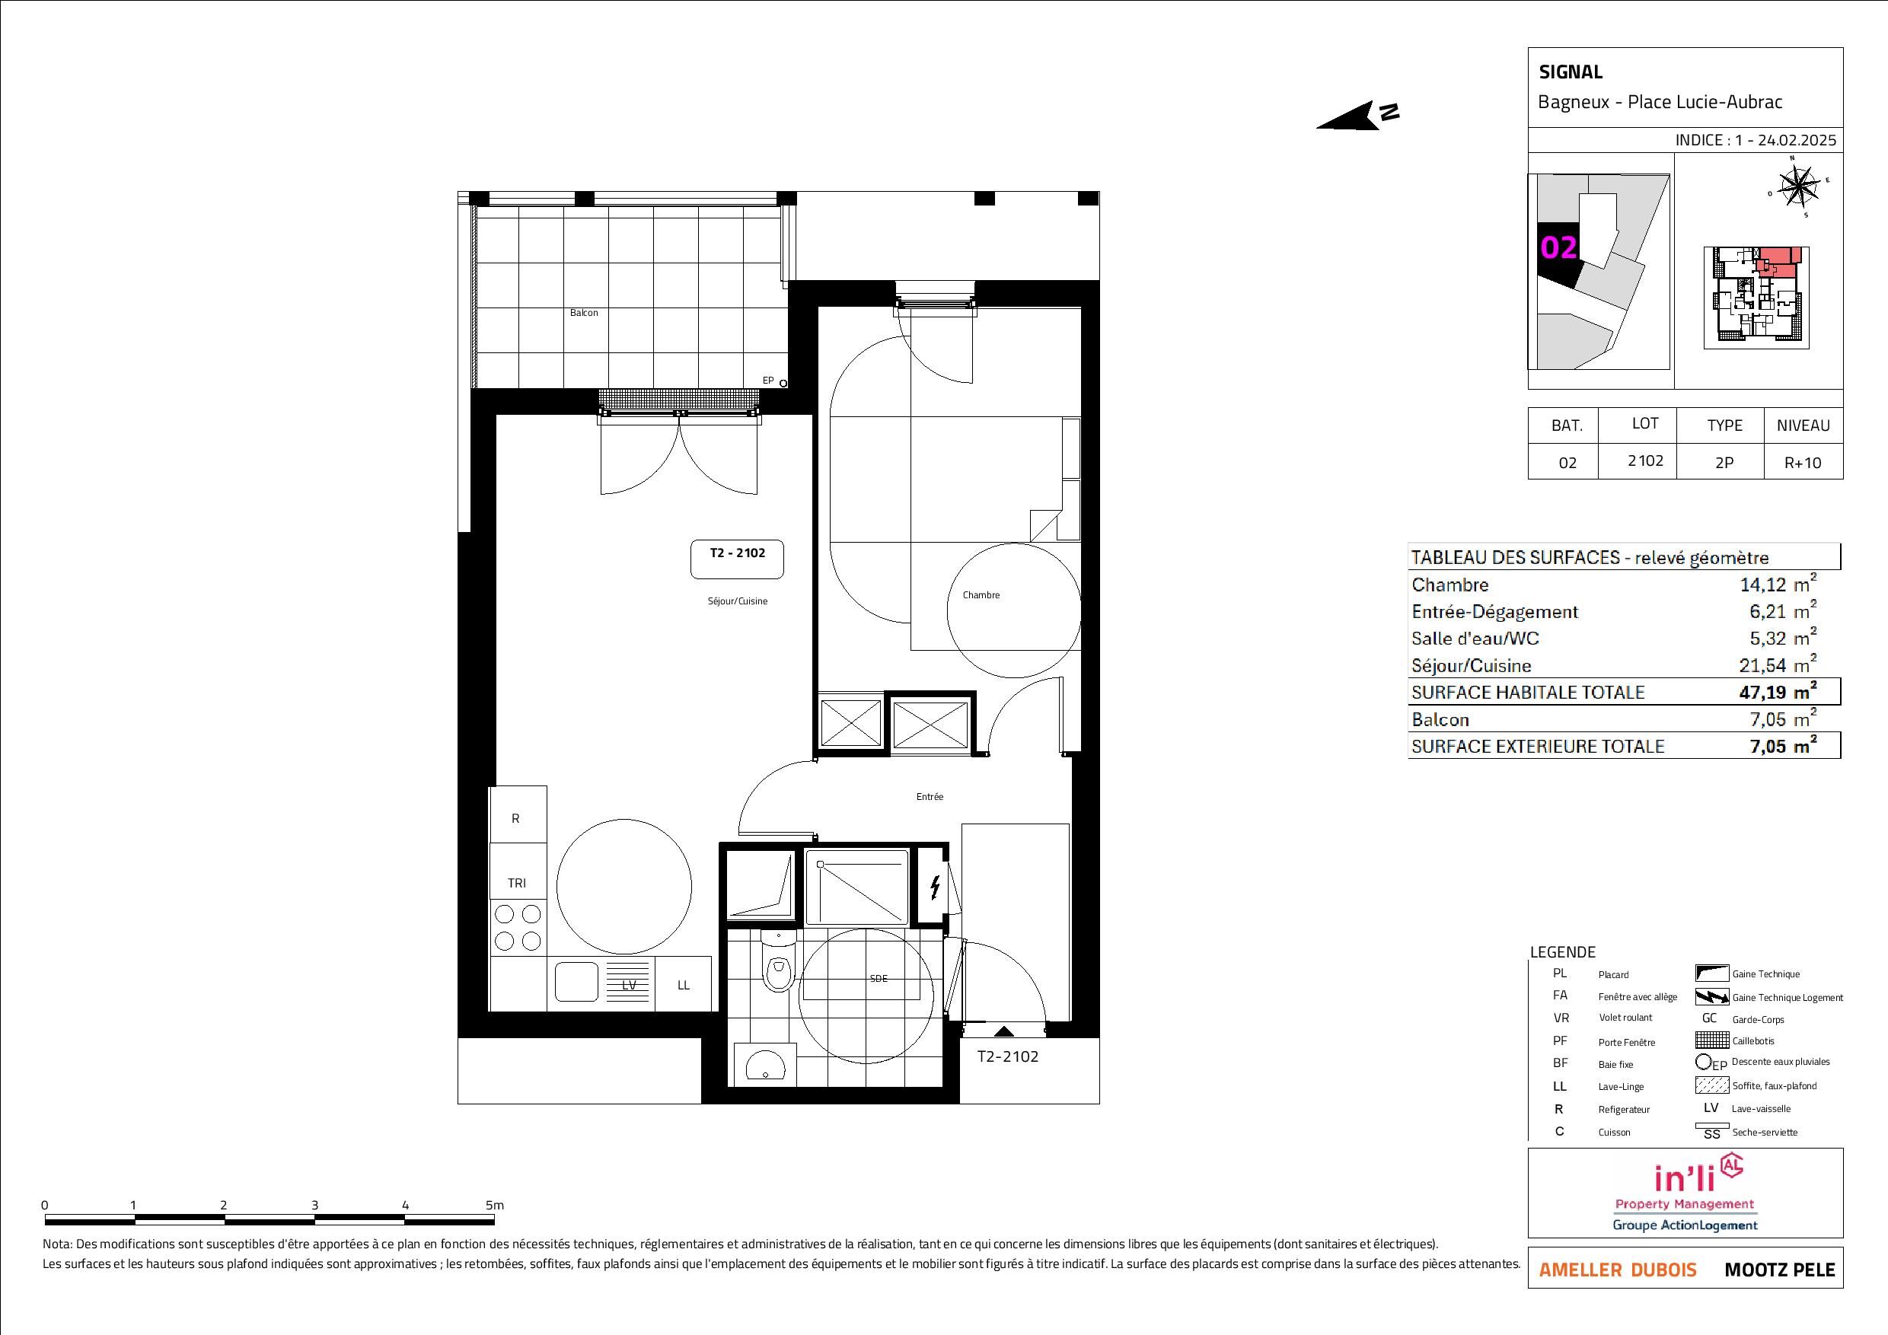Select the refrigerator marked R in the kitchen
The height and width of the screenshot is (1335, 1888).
[x=517, y=814]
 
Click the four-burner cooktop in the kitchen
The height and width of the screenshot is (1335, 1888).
[x=518, y=927]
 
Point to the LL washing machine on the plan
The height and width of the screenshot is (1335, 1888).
[x=684, y=984]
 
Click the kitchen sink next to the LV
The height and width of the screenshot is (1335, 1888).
[x=576, y=982]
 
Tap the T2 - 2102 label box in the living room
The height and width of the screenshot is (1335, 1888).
[x=737, y=559]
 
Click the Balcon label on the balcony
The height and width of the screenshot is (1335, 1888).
[x=584, y=313]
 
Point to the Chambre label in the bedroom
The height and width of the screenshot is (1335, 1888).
[x=981, y=595]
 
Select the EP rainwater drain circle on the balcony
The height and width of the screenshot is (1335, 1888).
[x=783, y=383]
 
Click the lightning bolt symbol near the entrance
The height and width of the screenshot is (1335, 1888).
[x=935, y=887]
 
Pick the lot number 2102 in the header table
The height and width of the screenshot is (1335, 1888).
[x=1644, y=461]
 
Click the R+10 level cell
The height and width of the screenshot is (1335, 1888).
[x=1803, y=462]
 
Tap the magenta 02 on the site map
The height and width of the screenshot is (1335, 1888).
[x=1558, y=247]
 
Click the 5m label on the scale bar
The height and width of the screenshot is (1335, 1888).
[x=494, y=1205]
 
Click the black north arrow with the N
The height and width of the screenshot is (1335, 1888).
[x=1357, y=115]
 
